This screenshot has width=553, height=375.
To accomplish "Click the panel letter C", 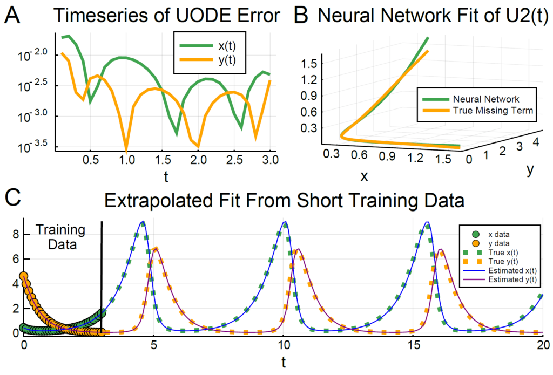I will point(14,200).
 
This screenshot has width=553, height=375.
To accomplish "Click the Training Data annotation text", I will point(60,237).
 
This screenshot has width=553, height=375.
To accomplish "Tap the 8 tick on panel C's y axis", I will point(15,235).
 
